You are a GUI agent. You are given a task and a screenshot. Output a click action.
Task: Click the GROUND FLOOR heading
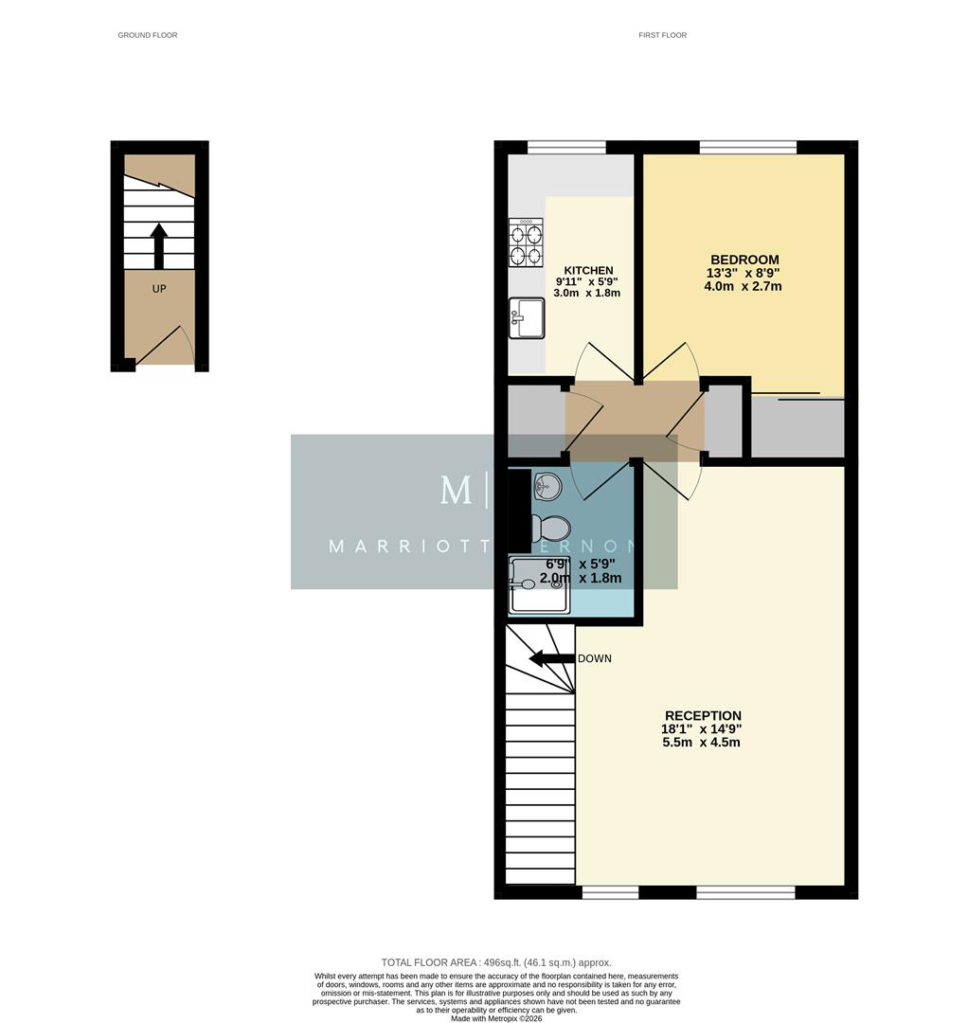pyautogui.click(x=147, y=35)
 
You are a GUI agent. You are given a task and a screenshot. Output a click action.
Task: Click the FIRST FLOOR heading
pyautogui.click(x=662, y=35)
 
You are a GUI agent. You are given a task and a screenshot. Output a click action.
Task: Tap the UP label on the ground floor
pyautogui.click(x=159, y=288)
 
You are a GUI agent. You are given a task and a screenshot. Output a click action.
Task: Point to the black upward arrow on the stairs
pyautogui.click(x=159, y=245)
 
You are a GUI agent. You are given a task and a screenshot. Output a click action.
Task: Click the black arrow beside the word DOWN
pyautogui.click(x=551, y=658)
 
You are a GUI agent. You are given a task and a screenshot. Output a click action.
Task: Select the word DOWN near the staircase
pyautogui.click(x=595, y=658)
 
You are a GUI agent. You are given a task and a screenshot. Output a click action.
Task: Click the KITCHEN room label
pyautogui.click(x=588, y=270)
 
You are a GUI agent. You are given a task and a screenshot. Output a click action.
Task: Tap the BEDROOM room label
pyautogui.click(x=744, y=260)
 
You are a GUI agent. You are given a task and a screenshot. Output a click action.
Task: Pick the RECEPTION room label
pyautogui.click(x=702, y=715)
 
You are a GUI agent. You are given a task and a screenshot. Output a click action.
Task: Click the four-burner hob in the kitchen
pyautogui.click(x=527, y=242)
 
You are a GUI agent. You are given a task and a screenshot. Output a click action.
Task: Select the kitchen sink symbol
pyautogui.click(x=526, y=318)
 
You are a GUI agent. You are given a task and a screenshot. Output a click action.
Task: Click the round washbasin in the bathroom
pyautogui.click(x=547, y=487)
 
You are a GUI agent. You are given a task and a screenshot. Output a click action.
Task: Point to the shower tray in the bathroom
pyautogui.click(x=539, y=584)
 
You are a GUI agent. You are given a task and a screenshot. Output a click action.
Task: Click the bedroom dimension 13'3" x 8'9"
pyautogui.click(x=743, y=273)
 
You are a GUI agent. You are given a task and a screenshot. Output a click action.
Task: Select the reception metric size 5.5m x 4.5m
pyautogui.click(x=701, y=743)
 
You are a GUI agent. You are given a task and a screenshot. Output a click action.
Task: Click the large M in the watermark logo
pyautogui.click(x=456, y=490)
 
